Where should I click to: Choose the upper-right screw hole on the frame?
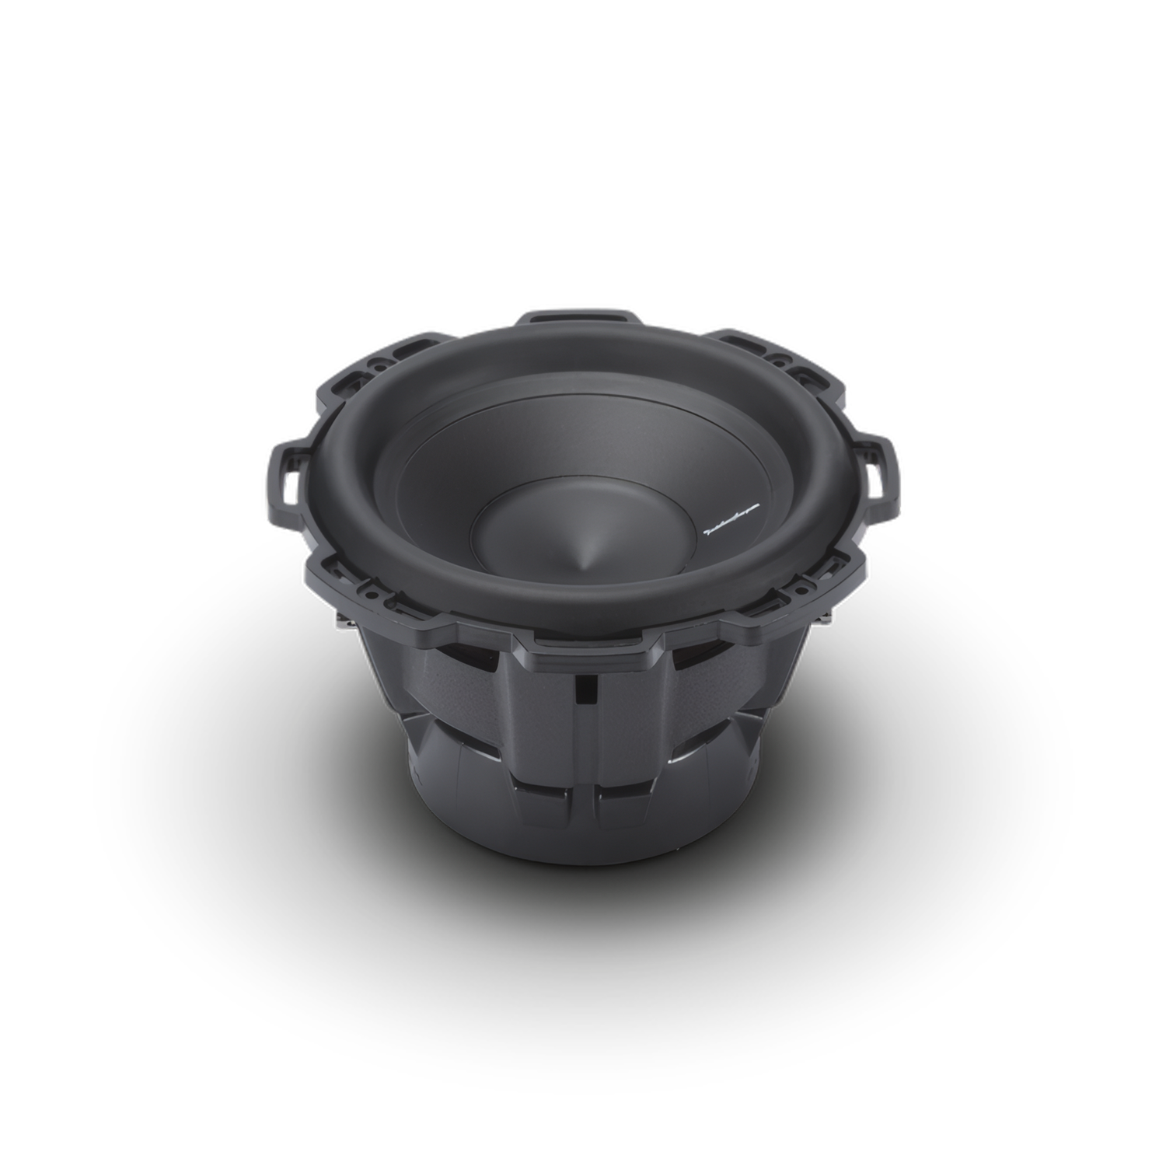coord(780,360)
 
